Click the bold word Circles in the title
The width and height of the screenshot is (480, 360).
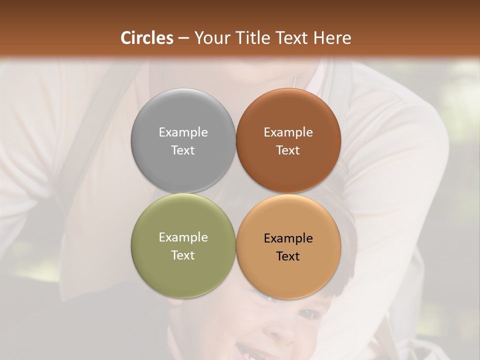pos(147,38)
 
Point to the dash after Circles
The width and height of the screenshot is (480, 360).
pos(184,38)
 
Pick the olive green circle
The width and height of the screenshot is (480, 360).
pos(183,270)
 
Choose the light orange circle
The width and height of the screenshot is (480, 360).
pos(288,272)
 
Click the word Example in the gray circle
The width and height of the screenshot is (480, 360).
pos(183,132)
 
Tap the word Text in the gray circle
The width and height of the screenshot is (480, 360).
pos(183,150)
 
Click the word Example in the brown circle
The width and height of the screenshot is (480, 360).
pos(288,132)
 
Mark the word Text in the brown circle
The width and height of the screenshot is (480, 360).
pos(288,150)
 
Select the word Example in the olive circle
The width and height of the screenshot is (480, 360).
pos(183,237)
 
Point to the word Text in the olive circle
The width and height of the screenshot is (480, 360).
pos(183,255)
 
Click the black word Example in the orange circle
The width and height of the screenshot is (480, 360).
pos(288,238)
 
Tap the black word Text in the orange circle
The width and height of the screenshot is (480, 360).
pos(288,256)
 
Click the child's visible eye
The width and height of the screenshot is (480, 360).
pos(310,314)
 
